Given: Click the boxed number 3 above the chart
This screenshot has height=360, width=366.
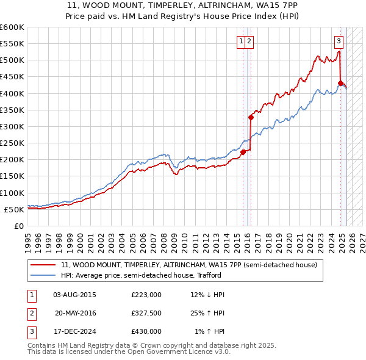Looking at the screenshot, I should (339, 41).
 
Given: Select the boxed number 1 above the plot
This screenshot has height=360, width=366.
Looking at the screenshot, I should (242, 41).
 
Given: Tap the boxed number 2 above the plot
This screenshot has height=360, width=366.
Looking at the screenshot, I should (250, 41).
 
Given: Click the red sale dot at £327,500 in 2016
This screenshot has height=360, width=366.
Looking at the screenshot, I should (251, 117).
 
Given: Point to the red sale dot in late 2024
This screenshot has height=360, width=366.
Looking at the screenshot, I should (340, 83).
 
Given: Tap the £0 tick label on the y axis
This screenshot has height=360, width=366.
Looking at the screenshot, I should (18, 226).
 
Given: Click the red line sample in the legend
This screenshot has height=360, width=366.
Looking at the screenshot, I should (43, 265).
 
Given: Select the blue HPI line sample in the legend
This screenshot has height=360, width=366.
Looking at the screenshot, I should (43, 275).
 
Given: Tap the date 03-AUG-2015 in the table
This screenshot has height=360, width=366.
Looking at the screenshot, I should (74, 295).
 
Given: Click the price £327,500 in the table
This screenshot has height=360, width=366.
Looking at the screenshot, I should (146, 313).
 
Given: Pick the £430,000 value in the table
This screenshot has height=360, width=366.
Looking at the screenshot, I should (146, 331).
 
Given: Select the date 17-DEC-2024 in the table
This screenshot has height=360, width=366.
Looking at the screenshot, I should (74, 331).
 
